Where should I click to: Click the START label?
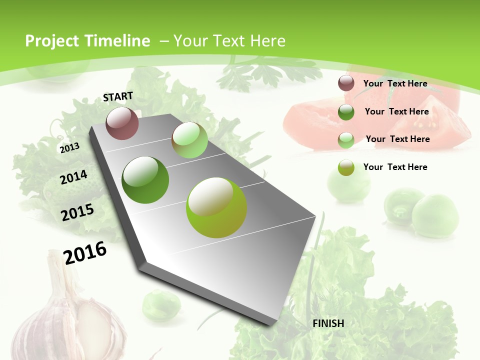[x=118, y=96]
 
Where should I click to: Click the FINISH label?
[x=328, y=323]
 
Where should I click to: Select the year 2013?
[x=69, y=147]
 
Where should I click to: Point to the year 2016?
[x=85, y=252]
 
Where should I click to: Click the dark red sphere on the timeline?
[x=122, y=123]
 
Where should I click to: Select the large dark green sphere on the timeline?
[x=145, y=179]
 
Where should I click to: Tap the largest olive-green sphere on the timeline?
[x=216, y=207]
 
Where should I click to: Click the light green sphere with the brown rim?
[x=189, y=140]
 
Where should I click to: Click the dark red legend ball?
[x=346, y=83]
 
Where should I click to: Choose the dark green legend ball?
[x=346, y=111]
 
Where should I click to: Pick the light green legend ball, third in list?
[x=346, y=139]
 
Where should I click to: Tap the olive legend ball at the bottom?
[x=346, y=167]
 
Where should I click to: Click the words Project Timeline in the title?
[x=87, y=41]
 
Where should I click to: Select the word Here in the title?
[x=268, y=41]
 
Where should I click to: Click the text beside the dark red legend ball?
[x=395, y=83]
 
